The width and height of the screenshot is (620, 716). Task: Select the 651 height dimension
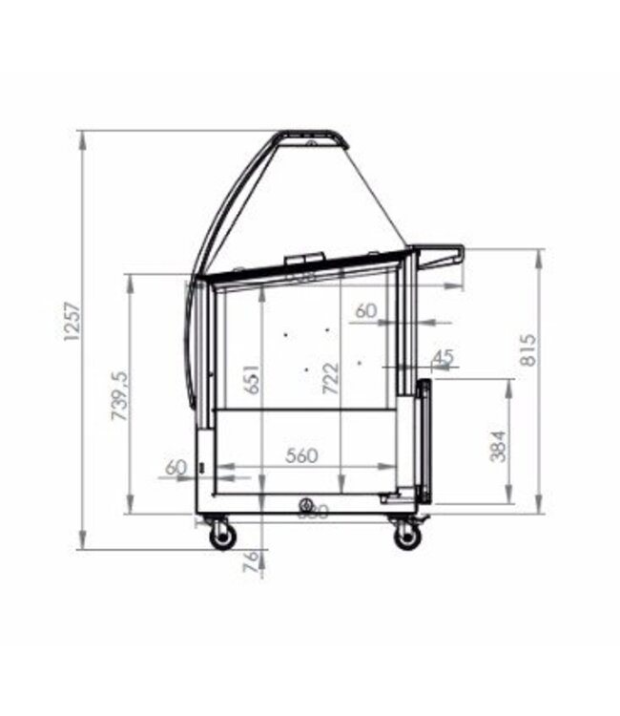point(251,380)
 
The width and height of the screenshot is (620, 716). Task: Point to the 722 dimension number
point(330,379)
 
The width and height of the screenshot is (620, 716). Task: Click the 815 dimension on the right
point(529,349)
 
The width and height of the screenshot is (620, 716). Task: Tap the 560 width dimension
point(301,455)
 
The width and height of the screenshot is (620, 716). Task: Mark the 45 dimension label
point(443,356)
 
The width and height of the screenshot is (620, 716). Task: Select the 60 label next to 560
point(176,467)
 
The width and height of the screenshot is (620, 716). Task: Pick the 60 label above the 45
point(366,311)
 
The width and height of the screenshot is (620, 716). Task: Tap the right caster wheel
point(407,537)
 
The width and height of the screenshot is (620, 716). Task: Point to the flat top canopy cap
point(312,139)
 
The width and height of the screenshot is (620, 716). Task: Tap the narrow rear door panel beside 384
point(424,441)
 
